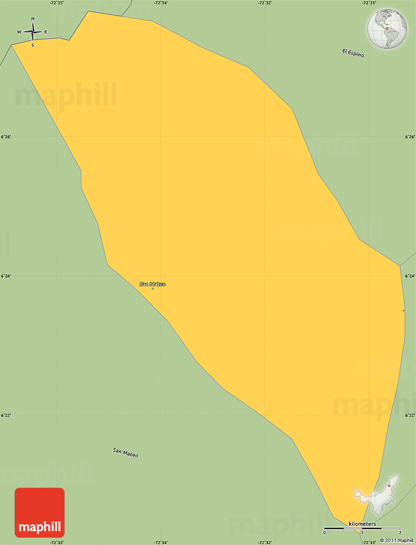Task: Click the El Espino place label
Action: click(x=353, y=53)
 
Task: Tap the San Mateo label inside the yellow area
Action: click(x=152, y=284)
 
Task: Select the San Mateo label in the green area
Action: click(x=125, y=453)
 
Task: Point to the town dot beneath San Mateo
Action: click(x=153, y=289)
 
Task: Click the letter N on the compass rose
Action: click(x=33, y=19)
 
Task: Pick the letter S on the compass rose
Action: click(x=33, y=45)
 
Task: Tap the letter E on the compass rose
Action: click(x=46, y=32)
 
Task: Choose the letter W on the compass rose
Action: click(x=19, y=32)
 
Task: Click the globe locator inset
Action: click(x=387, y=28)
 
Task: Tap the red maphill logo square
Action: click(x=40, y=512)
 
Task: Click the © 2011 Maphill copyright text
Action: click(x=396, y=540)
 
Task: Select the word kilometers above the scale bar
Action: click(x=362, y=524)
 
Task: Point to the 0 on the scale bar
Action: click(x=324, y=532)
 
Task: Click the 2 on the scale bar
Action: click(x=400, y=532)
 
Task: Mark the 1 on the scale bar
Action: click(x=362, y=532)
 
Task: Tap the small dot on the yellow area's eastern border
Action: click(x=404, y=311)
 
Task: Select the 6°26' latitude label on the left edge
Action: click(x=6, y=137)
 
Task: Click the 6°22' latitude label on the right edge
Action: click(x=410, y=415)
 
